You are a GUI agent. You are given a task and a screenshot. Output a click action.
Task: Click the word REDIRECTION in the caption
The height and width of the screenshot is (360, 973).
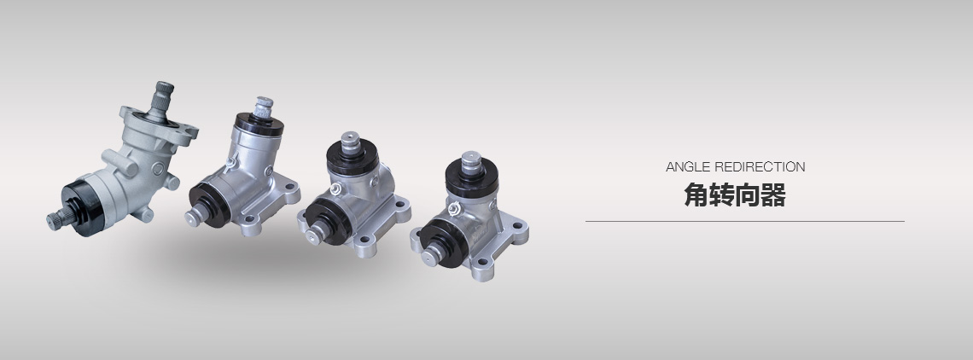760,167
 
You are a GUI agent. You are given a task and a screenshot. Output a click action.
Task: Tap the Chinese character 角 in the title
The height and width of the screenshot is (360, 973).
696,195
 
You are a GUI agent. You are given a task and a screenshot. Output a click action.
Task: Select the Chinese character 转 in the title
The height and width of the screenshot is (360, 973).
722,195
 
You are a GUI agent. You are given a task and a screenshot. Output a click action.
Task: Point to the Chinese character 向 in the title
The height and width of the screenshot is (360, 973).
747,195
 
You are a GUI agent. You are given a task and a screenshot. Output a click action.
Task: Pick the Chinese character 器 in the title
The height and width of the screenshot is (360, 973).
773,195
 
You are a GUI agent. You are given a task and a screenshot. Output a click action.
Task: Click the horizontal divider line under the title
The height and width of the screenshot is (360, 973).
744,221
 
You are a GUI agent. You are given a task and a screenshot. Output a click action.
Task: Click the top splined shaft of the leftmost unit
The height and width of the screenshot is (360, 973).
162,97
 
